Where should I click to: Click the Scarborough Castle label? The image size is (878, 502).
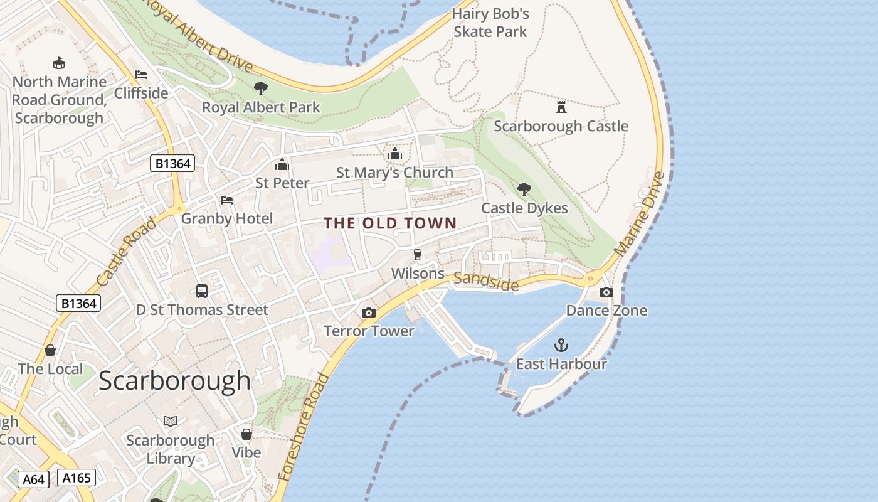(561, 126)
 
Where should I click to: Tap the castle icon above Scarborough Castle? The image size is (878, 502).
(561, 107)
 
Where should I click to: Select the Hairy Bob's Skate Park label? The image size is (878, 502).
(490, 23)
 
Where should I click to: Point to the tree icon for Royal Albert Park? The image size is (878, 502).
(261, 88)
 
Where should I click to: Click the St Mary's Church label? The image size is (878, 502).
(394, 173)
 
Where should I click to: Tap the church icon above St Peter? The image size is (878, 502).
(282, 164)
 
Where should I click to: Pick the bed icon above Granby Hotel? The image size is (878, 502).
(227, 200)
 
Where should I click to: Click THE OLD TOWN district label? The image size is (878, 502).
(390, 223)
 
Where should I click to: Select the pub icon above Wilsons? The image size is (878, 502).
(418, 255)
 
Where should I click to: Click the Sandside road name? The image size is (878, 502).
(486, 282)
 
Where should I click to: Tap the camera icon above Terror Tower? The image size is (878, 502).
(369, 312)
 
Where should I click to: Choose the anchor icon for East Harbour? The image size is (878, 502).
(561, 345)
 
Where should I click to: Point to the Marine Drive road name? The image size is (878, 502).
(640, 213)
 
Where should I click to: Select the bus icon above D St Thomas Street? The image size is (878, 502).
(202, 291)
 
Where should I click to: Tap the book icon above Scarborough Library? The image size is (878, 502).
(171, 421)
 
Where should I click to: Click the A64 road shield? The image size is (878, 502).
(33, 480)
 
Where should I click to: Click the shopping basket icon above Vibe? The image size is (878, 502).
(246, 434)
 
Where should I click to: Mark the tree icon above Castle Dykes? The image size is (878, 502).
(524, 189)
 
